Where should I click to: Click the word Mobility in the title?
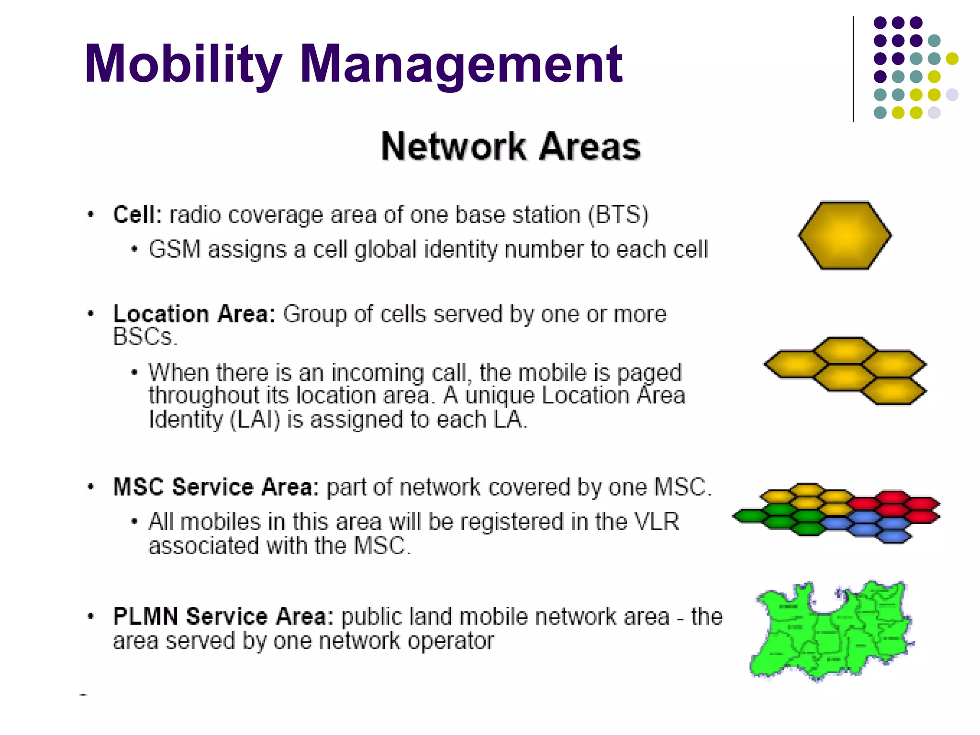(183, 65)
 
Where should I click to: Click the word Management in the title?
(461, 65)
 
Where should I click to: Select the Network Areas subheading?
(511, 146)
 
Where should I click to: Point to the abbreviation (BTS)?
(618, 214)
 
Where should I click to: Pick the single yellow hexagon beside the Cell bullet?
(845, 235)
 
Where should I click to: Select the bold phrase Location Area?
(194, 314)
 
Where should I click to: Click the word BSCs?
(145, 336)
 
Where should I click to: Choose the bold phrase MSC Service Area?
(216, 487)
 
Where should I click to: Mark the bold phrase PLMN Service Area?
(223, 616)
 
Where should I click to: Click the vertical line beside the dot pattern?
(853, 69)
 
